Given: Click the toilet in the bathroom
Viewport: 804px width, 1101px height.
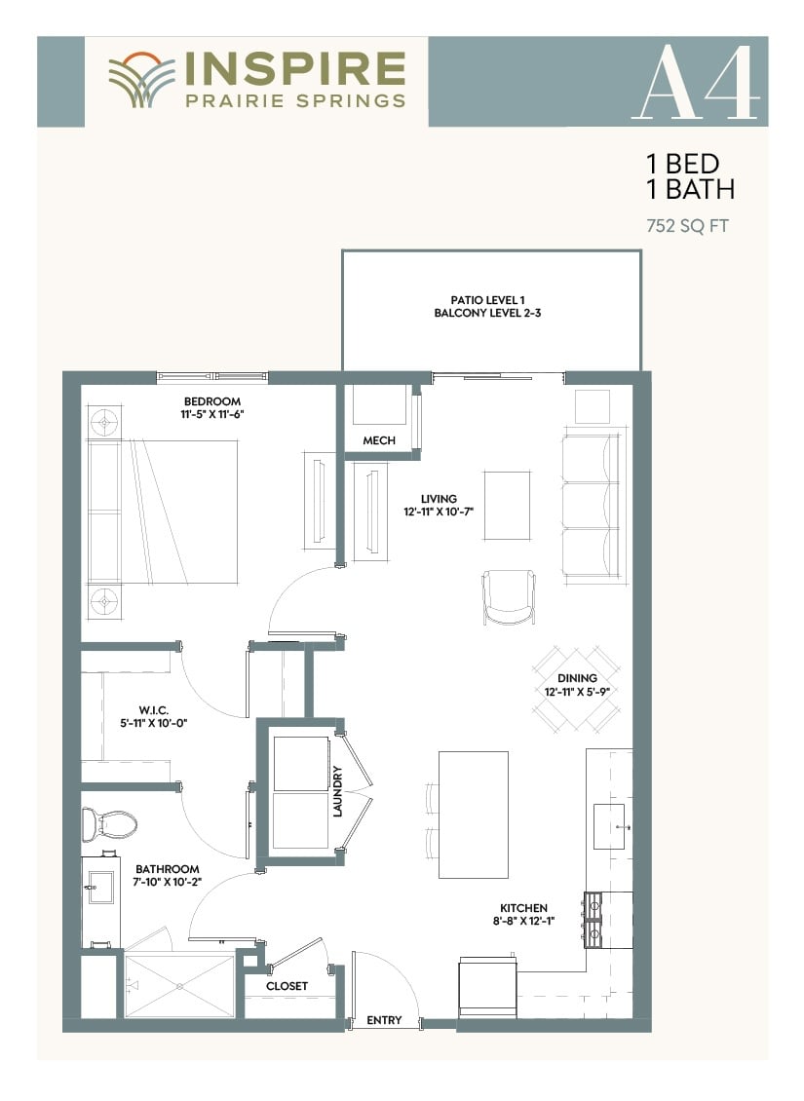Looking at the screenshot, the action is pos(109,824).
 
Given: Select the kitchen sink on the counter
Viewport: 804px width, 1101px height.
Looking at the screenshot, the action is pos(609,827).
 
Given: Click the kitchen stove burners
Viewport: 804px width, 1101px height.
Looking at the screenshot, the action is pos(593,920).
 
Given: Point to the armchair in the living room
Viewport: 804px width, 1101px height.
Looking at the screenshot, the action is pos(509,597).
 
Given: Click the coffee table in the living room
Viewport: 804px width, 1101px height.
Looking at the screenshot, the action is pos(506,506).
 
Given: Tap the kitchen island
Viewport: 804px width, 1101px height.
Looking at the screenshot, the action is pos(474,815).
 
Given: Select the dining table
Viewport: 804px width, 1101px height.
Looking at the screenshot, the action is pos(576,690).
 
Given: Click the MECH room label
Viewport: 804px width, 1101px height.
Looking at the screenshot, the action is pos(379,440).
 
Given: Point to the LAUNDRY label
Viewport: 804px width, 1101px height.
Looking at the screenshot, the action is pos(337,791).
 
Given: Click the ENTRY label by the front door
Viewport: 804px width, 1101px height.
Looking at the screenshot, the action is pos(384,1019).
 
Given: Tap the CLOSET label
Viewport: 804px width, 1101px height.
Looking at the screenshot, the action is pos(287,986).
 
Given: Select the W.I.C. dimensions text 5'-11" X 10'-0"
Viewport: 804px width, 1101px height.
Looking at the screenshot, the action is pos(154,723).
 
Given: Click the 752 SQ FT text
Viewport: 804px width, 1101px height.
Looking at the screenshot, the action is pos(687,226).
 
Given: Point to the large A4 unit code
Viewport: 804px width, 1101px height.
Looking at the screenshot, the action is pos(696,83).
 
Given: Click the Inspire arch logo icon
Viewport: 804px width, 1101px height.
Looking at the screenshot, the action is pos(142,79).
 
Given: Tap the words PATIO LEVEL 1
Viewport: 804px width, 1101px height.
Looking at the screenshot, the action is pos(487,300).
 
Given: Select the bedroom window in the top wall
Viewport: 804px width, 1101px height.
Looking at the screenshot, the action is pos(212,377).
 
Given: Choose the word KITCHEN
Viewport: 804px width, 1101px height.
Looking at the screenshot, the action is pos(524,908).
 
